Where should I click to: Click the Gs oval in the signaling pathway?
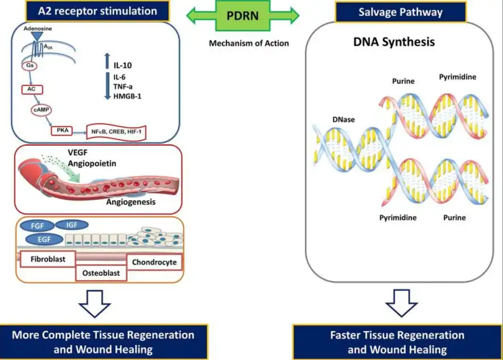pyautogui.click(x=29, y=66)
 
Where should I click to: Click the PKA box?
pyautogui.click(x=62, y=131)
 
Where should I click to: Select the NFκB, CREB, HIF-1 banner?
pyautogui.click(x=116, y=132)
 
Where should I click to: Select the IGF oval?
pyautogui.click(x=71, y=226)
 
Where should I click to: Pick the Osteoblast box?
pyautogui.click(x=101, y=273)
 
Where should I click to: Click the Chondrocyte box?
pyautogui.click(x=155, y=262)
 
